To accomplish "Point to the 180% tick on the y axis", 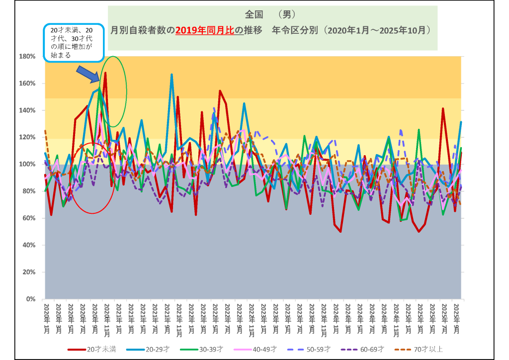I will click(x=27, y=56).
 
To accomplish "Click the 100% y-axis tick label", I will click(x=27, y=164).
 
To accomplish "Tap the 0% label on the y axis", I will click(x=30, y=299).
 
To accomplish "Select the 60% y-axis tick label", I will click(x=28, y=218).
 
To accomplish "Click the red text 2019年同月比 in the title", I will click(x=204, y=30).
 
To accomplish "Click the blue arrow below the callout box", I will click(x=88, y=73).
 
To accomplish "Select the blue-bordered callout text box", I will click(x=74, y=42).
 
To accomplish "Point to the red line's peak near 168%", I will click(x=105, y=73).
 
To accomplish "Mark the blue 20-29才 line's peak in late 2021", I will click(x=171, y=75).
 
